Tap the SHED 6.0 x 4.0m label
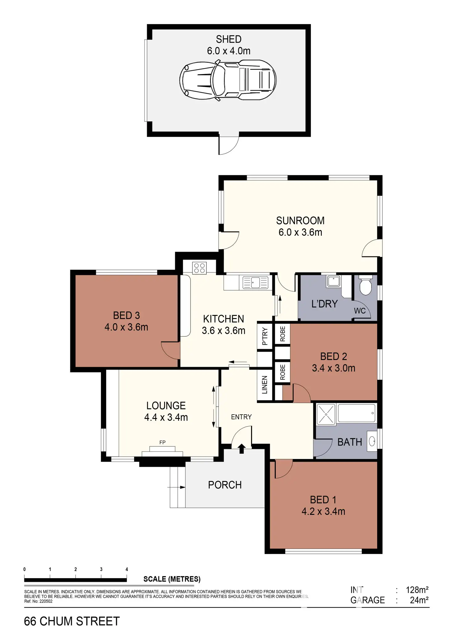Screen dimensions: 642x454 tap(229, 45)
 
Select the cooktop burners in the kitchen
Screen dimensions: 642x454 tap(199, 267)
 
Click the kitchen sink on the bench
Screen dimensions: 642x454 tap(255, 282)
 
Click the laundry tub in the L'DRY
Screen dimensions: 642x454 tap(334, 281)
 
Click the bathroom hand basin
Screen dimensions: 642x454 tap(372, 442)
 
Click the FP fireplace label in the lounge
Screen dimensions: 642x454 tap(163, 442)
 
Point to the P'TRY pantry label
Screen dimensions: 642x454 tap(265, 336)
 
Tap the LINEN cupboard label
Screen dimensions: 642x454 tap(265, 385)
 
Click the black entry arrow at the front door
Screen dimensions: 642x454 tap(241, 449)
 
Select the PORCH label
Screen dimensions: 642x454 tap(225, 485)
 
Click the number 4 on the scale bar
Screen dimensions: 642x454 tap(127, 570)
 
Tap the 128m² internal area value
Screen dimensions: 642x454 tap(417, 590)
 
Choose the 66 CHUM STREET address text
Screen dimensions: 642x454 tap(72, 621)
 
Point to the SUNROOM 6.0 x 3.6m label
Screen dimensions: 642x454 tap(300, 226)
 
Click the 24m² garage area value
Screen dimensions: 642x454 tap(419, 600)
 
